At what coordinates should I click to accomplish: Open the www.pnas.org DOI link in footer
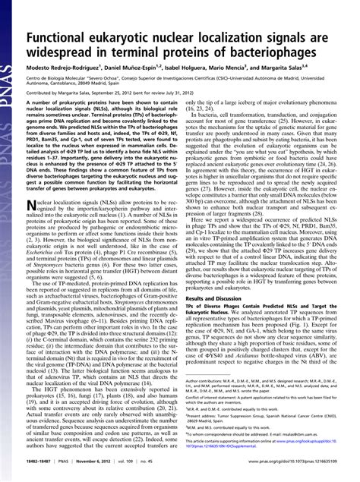pyautogui.click(x=291, y=471)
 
